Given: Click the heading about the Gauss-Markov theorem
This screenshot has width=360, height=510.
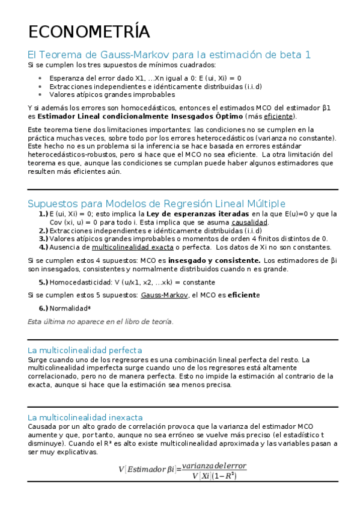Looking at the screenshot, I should (x=169, y=54).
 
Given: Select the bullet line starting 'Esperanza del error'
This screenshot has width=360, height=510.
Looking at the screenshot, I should (x=145, y=78).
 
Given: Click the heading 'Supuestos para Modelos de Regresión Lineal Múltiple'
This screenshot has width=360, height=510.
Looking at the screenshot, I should (x=157, y=203).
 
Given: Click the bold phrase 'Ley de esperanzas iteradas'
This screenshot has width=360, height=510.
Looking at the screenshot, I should (x=197, y=214).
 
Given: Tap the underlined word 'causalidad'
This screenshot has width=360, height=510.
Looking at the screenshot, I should (x=249, y=223).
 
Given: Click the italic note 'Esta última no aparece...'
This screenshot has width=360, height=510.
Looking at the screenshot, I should (x=100, y=322).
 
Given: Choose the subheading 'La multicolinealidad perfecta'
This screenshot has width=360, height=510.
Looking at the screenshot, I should (x=85, y=349).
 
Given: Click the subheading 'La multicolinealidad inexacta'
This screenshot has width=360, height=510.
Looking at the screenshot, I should (x=85, y=417).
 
